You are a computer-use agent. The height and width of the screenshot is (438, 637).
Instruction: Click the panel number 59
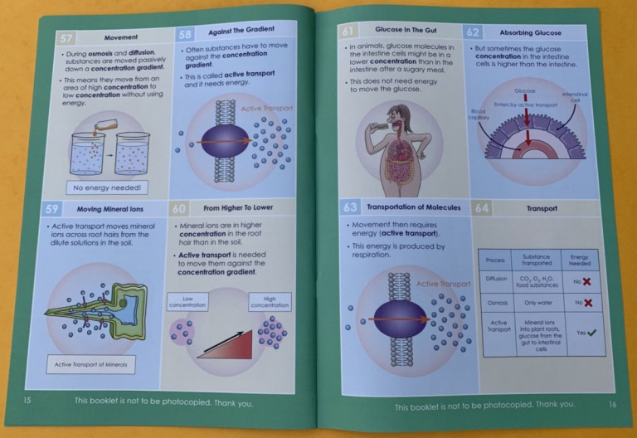pos(51,208)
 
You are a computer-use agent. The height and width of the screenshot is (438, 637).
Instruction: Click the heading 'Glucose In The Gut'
pos(406,31)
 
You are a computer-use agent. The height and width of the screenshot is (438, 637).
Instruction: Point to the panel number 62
pos(473,32)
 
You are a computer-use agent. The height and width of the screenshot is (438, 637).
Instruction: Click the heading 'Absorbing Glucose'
pos(537,33)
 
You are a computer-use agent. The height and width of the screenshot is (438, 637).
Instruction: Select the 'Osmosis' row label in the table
pos(497,303)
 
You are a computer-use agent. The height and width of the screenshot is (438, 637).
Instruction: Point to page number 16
pos(611,405)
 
